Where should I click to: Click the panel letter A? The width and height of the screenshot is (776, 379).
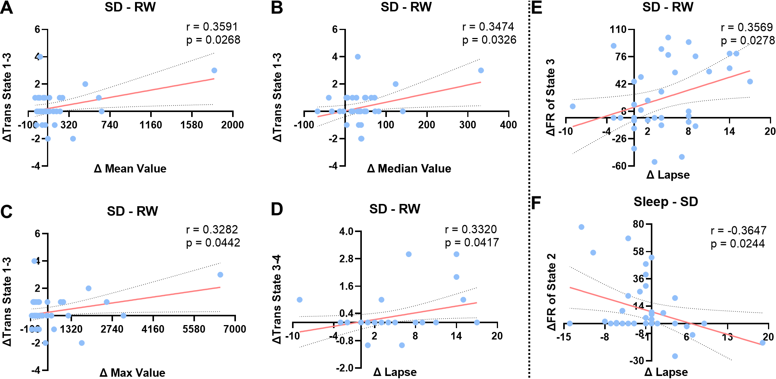pyautogui.click(x=6, y=8)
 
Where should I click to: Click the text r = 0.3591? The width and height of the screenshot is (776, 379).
pyautogui.click(x=212, y=27)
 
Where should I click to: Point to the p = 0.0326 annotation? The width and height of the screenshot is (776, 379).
pyautogui.click(x=489, y=40)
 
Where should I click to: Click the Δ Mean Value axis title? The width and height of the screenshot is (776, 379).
pyautogui.click(x=130, y=169)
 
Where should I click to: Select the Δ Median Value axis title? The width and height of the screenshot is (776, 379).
pyautogui.click(x=409, y=169)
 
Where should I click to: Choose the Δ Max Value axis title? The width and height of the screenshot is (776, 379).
pyautogui.click(x=132, y=373)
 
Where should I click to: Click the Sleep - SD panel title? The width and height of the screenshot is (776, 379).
pyautogui.click(x=666, y=202)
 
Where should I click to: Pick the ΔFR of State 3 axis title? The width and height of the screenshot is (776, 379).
pyautogui.click(x=550, y=98)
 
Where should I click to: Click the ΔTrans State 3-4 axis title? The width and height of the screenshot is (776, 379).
pyautogui.click(x=277, y=299)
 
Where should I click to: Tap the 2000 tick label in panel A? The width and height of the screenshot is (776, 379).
pyautogui.click(x=232, y=125)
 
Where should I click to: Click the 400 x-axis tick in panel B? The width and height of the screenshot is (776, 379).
pyautogui.click(x=508, y=125)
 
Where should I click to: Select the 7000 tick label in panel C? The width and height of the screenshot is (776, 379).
pyautogui.click(x=235, y=329)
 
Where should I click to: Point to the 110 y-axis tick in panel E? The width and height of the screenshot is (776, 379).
pyautogui.click(x=618, y=30)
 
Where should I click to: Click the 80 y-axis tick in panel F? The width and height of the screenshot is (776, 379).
pyautogui.click(x=638, y=224)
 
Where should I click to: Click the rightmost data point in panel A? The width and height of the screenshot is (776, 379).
pyautogui.click(x=214, y=71)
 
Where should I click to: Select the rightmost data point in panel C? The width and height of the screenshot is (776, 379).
pyautogui.click(x=220, y=275)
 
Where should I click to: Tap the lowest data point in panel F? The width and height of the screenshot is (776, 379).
pyautogui.click(x=675, y=356)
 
